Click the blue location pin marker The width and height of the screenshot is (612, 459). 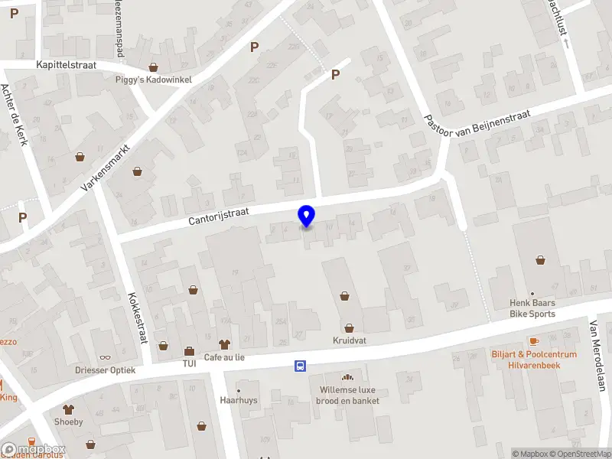pyautogui.click(x=307, y=216)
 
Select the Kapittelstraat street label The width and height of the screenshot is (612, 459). pyautogui.click(x=66, y=65)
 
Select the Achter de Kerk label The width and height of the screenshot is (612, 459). pyautogui.click(x=16, y=116)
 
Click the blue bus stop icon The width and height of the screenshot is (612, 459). pyautogui.click(x=301, y=366)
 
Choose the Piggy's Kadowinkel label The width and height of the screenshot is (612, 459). pyautogui.click(x=153, y=80)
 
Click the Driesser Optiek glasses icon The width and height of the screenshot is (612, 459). pyautogui.click(x=105, y=357)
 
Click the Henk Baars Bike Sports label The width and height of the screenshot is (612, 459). pyautogui.click(x=532, y=308)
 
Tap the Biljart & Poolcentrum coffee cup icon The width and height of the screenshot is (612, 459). pyautogui.click(x=533, y=341)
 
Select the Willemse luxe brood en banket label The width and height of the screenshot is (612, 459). pyautogui.click(x=349, y=395)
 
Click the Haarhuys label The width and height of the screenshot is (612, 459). pyautogui.click(x=237, y=400)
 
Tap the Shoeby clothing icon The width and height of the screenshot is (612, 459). pyautogui.click(x=68, y=409)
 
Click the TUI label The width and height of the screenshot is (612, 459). pyautogui.click(x=189, y=363)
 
